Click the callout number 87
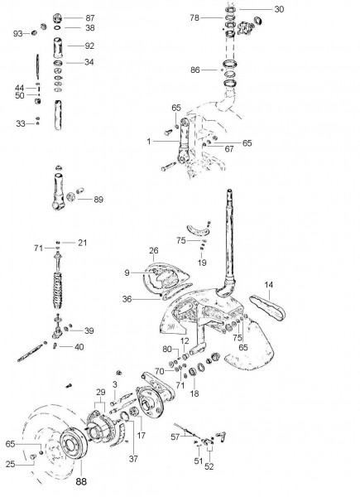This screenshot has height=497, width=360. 90,17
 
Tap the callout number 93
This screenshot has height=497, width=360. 17,33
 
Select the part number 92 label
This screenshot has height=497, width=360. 90,46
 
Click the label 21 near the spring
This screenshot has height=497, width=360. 82,242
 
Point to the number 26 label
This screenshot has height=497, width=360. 153,250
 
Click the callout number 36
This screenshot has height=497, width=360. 127,299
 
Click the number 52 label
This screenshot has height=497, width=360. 209,466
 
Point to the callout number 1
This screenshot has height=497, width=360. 149,142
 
